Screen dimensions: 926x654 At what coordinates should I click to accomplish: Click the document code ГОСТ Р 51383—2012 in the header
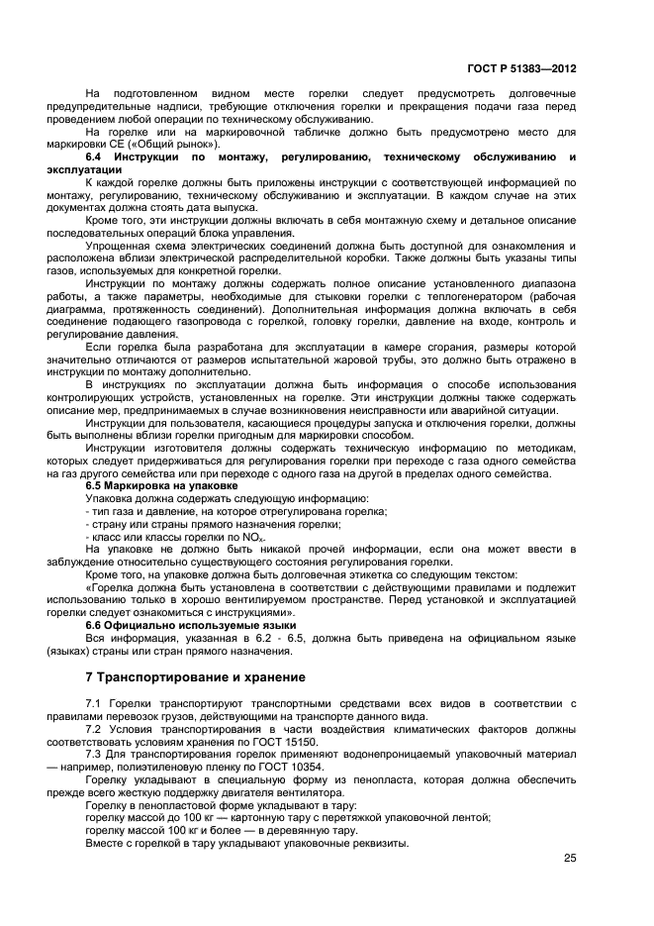(520, 70)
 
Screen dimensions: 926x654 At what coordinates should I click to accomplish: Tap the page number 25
(569, 858)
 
